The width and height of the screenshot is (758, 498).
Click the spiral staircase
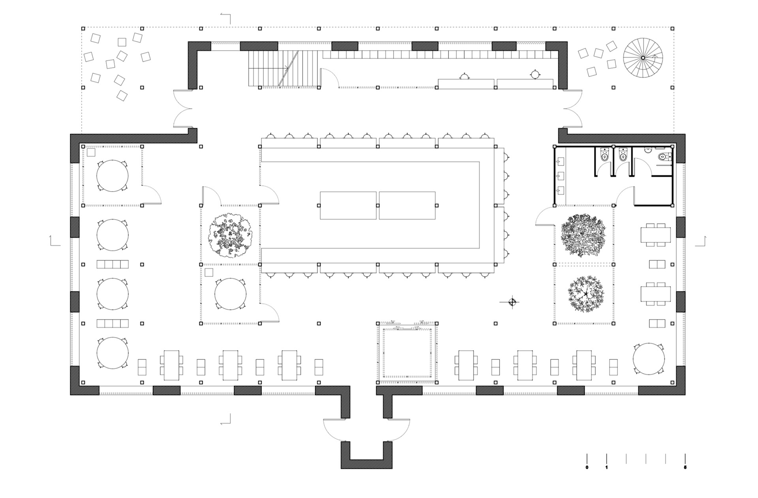point(643,58)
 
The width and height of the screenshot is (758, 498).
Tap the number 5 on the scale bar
point(685,468)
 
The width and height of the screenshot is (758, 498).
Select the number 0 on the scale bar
point(587,468)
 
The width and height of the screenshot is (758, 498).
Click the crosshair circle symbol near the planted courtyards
point(512,303)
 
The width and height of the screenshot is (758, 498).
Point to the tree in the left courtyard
point(230,236)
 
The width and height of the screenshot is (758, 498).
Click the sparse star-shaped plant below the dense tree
point(585,295)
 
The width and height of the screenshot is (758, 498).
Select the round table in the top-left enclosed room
point(113,176)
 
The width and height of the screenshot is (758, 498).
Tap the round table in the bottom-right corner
point(649,359)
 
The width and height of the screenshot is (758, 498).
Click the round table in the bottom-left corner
point(113,353)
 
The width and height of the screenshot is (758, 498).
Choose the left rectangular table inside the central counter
point(348,205)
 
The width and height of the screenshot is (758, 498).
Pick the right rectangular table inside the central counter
point(407,205)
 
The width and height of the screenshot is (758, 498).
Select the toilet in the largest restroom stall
point(662,157)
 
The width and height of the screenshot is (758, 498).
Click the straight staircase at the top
point(283,68)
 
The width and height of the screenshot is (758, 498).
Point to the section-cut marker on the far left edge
point(54,241)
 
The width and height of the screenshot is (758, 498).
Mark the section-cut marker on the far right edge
point(701,241)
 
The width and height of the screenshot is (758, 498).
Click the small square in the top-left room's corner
point(91,152)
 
